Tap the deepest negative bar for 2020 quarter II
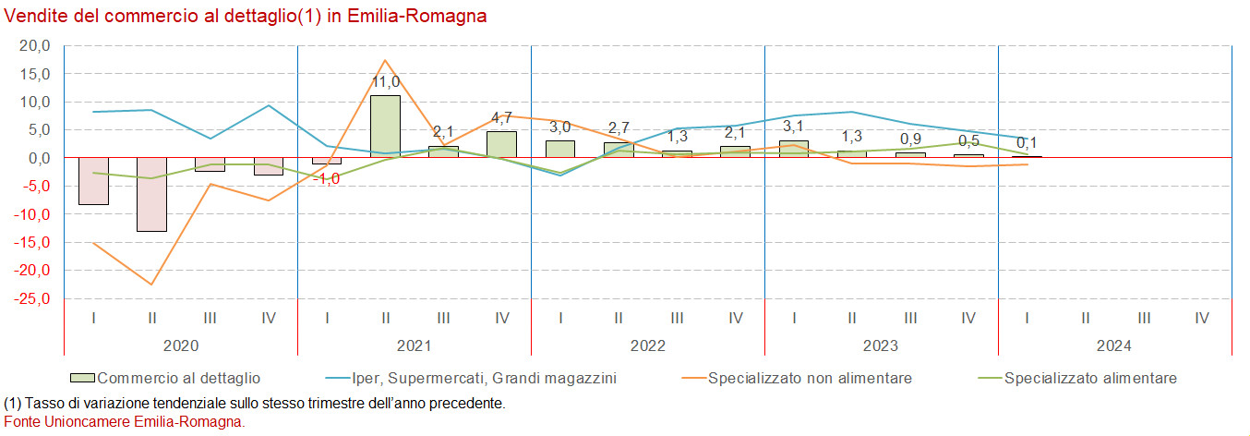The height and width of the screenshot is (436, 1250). coord(151,194)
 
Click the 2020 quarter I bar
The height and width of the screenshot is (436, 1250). coord(93,181)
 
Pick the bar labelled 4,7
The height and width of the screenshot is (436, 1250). coord(501,144)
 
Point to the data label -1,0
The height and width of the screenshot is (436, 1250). coord(327,178)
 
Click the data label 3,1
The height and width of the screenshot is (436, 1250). coord(794,127)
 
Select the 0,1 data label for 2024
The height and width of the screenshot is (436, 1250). coord(1028,142)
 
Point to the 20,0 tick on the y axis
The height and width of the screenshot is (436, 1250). coord(34,45)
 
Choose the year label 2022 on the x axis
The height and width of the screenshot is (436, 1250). coord(647,345)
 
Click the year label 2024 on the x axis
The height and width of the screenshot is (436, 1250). coord(1114,345)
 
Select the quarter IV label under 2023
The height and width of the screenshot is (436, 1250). coord(968,318)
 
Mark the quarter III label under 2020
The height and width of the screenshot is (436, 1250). coord(210,318)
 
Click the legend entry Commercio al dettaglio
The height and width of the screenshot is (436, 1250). coord(178,378)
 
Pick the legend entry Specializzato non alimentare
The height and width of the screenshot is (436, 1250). coord(810,378)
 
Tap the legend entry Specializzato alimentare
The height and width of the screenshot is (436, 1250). coord(1089,378)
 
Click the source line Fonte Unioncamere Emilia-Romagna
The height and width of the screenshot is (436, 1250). coord(125,421)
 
